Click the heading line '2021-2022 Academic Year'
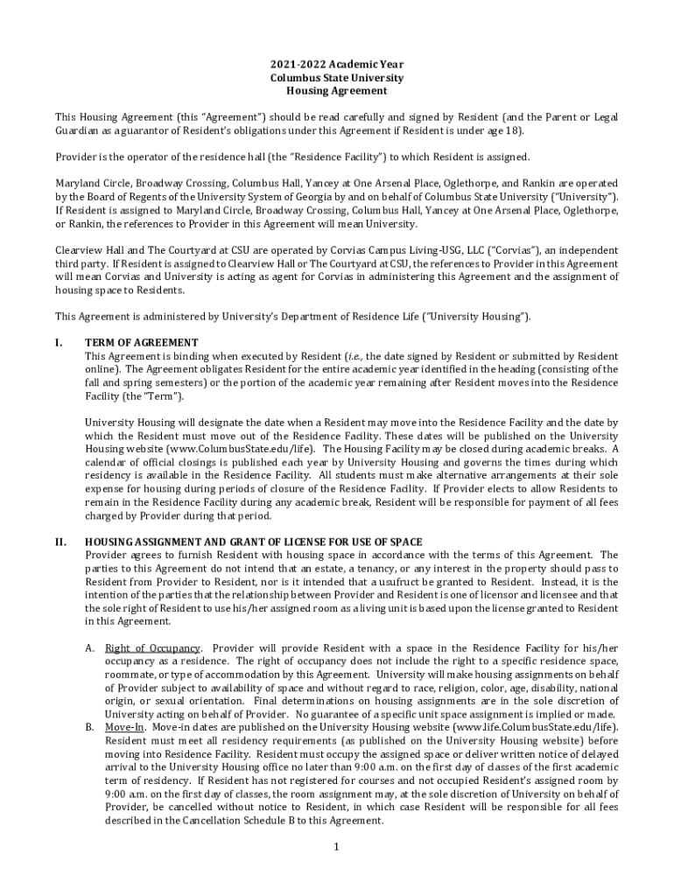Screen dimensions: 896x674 (337, 65)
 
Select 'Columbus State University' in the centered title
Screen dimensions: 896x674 (337, 78)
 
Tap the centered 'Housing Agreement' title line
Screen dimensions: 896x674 (337, 91)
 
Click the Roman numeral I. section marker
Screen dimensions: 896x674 (59, 343)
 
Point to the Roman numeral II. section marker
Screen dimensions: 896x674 (60, 542)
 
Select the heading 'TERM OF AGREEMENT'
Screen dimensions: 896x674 (141, 343)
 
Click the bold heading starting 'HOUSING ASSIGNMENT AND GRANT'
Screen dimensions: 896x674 (253, 542)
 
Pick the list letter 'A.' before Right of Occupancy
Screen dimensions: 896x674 (90, 648)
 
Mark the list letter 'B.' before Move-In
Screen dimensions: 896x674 (90, 727)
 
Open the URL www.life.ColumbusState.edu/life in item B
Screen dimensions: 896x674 (535, 727)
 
